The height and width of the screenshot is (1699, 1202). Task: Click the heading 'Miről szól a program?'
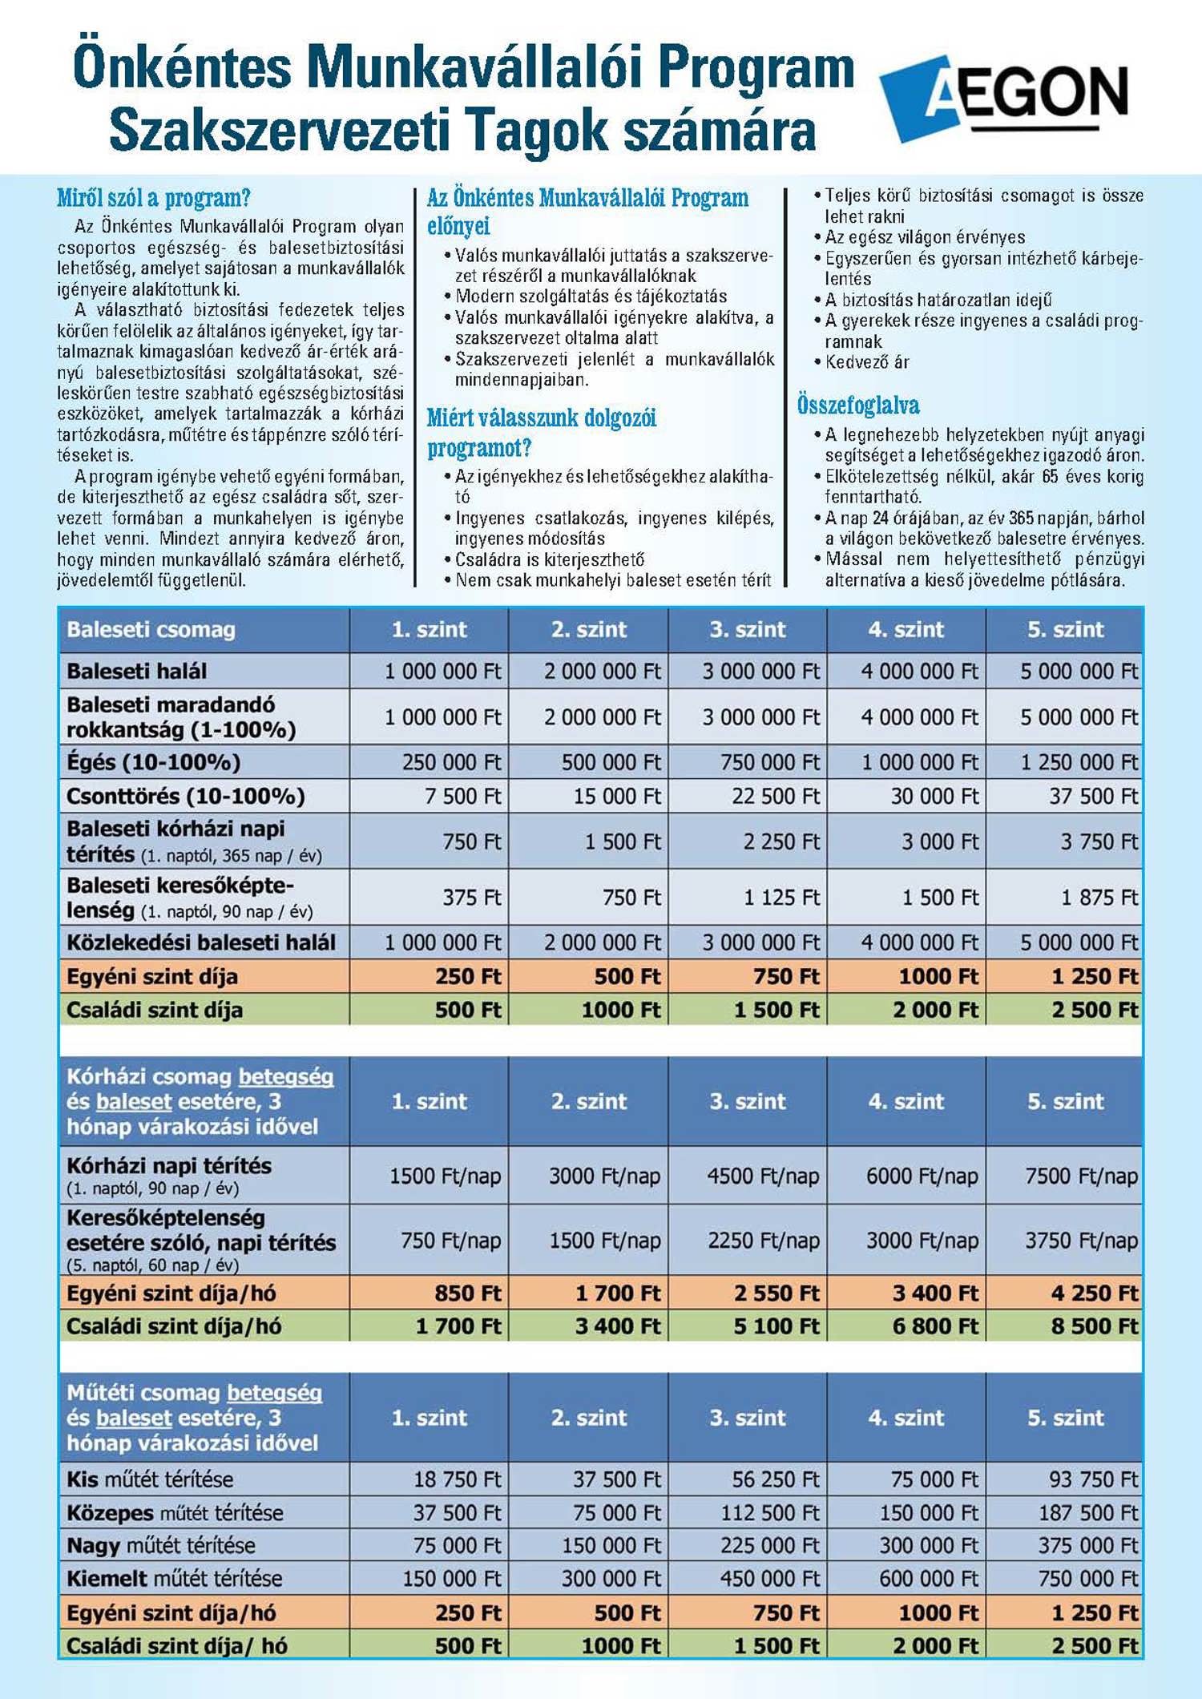(x=154, y=198)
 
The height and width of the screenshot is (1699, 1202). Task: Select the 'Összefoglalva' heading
(x=858, y=406)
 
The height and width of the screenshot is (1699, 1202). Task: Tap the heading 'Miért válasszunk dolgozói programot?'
(x=541, y=433)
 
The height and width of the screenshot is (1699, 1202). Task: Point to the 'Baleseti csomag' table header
(x=151, y=630)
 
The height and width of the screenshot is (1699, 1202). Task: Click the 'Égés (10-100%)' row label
(x=154, y=762)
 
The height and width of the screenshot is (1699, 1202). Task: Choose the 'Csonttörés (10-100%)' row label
(x=186, y=797)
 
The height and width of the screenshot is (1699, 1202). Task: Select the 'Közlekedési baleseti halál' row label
(x=201, y=942)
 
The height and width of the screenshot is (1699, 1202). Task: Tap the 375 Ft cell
(x=471, y=898)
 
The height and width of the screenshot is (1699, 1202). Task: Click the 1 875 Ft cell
(x=1099, y=898)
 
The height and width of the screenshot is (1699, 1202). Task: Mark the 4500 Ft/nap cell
(x=763, y=1176)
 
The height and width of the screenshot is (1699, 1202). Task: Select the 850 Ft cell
(x=467, y=1293)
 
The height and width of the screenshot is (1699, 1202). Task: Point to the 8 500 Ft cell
(x=1095, y=1327)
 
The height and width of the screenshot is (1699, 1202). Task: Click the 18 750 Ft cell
(x=457, y=1479)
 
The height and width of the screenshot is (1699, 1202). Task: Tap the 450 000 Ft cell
(x=769, y=1579)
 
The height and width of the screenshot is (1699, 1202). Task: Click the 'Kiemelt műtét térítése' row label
(x=175, y=1579)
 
